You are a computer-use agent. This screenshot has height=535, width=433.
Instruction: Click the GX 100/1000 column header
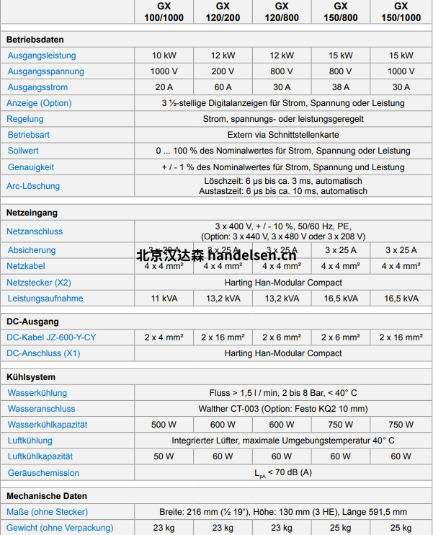coord(164,12)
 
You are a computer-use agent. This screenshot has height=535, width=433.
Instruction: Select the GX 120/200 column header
coord(223,12)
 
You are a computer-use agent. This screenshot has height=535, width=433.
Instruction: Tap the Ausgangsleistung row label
coord(42,56)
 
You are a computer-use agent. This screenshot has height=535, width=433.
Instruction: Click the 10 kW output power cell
coord(164,56)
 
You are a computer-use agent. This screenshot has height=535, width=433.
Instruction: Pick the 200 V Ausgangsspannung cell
coord(223,71)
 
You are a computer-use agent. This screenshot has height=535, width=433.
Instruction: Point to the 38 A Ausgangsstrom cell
coord(341,87)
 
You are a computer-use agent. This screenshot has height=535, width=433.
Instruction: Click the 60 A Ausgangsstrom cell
coord(223,87)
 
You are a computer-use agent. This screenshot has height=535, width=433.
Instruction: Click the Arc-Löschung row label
coord(34,186)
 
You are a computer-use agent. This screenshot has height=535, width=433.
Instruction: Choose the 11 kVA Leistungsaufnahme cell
coord(164,299)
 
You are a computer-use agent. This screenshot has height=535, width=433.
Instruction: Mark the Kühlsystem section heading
coord(31,377)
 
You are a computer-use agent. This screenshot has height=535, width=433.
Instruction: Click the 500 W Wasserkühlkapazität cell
coord(164,425)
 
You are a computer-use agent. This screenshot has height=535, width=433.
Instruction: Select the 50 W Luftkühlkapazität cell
coord(164,456)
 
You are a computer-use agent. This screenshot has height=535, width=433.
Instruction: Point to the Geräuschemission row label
coord(43,473)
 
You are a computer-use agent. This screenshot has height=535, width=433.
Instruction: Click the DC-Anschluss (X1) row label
coord(43,353)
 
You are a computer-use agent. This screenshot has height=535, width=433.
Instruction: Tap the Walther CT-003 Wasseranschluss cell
coord(282,409)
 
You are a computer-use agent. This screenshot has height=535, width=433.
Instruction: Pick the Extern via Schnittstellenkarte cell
coord(282,135)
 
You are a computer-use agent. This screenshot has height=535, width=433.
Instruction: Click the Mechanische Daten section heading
coord(47,496)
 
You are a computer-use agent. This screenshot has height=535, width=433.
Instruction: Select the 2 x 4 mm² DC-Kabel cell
coord(164,337)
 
